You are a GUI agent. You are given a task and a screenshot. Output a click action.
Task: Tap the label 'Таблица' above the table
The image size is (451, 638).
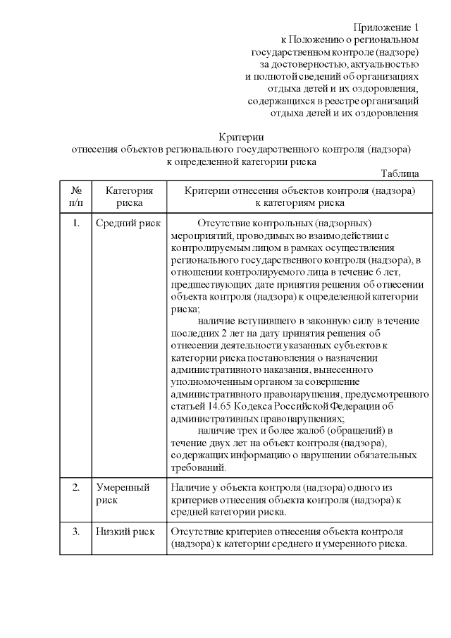(x=400, y=173)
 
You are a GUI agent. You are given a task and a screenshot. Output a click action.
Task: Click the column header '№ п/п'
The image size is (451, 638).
(x=77, y=196)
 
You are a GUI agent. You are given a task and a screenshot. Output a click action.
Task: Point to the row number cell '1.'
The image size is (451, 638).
(x=76, y=223)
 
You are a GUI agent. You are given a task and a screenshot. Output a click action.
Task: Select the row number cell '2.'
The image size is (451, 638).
(x=76, y=487)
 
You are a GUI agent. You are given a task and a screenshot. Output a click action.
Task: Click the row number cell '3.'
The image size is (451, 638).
(x=76, y=531)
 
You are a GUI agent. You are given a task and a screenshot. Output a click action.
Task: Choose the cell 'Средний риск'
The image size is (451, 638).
(x=128, y=223)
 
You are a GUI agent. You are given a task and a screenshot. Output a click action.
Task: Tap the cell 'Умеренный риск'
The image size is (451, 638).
(x=123, y=493)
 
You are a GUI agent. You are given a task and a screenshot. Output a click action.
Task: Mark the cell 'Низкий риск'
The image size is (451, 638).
(x=125, y=531)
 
